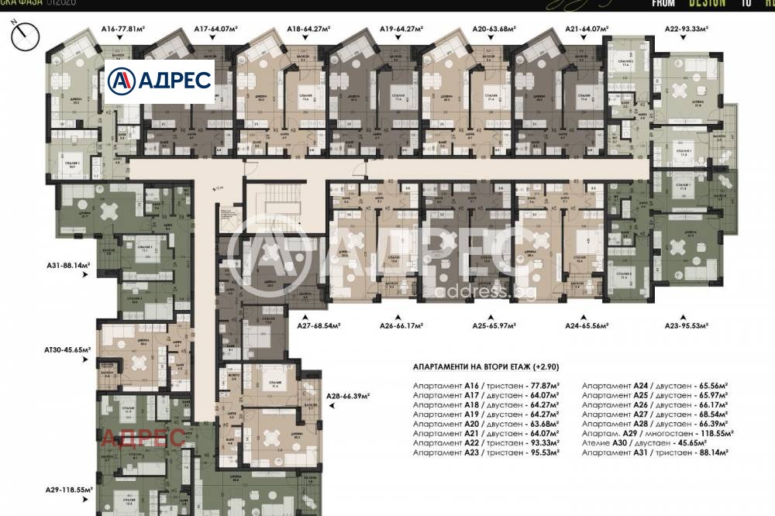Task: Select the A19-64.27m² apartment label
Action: pos(403,29)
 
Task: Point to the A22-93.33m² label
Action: pos(687,29)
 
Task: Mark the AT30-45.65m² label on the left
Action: pos(67,349)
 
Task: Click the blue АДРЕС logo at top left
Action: pos(160,80)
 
